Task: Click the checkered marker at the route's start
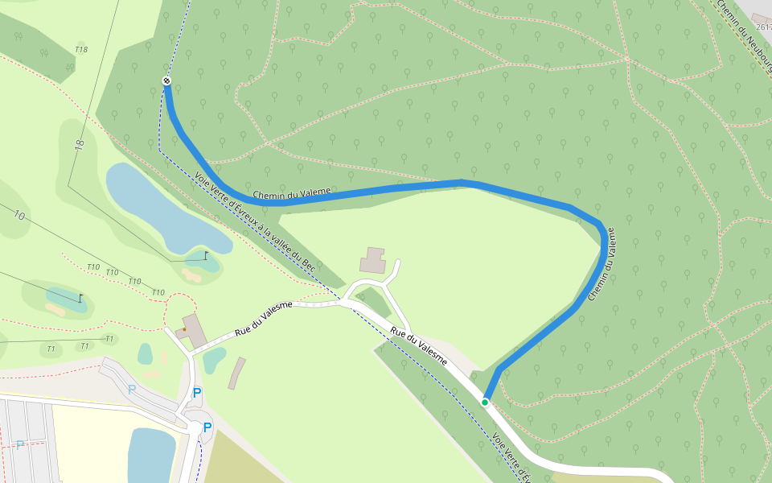coord(166,80)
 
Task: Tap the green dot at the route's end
coord(485,402)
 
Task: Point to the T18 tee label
coord(81,50)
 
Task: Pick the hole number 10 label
coord(19,215)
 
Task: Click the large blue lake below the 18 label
coord(161,205)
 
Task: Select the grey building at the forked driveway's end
coord(373,260)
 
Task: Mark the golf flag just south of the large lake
coord(206,255)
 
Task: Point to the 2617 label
coord(763,27)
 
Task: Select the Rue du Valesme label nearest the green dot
coord(419,345)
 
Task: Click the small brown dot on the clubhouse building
coord(184,329)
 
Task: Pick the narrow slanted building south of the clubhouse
coord(236,374)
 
